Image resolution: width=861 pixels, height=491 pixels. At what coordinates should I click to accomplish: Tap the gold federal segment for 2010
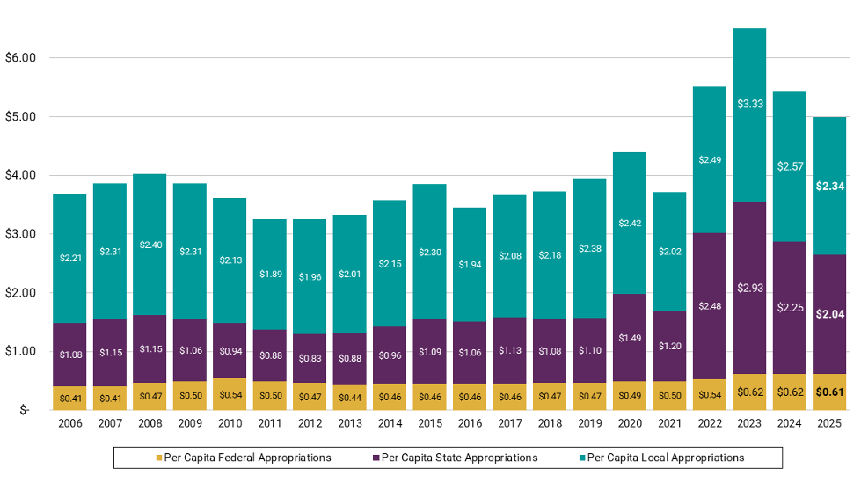point(230,394)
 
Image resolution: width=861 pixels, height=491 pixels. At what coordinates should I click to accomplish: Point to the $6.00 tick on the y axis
point(18,58)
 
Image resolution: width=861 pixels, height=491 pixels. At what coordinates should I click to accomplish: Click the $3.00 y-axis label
point(18,234)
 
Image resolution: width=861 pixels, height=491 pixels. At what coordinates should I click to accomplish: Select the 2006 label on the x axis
point(69,423)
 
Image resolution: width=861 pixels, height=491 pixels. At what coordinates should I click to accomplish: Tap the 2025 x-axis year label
point(828,423)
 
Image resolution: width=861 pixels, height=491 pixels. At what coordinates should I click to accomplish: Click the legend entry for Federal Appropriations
point(244,458)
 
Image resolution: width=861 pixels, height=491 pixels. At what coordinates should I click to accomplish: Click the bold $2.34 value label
point(828,187)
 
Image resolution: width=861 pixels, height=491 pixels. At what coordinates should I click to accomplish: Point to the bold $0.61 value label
point(828,392)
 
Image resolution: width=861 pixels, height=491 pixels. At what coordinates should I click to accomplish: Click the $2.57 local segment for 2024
point(789,165)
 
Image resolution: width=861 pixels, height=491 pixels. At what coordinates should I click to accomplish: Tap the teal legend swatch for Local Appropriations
point(582,458)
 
